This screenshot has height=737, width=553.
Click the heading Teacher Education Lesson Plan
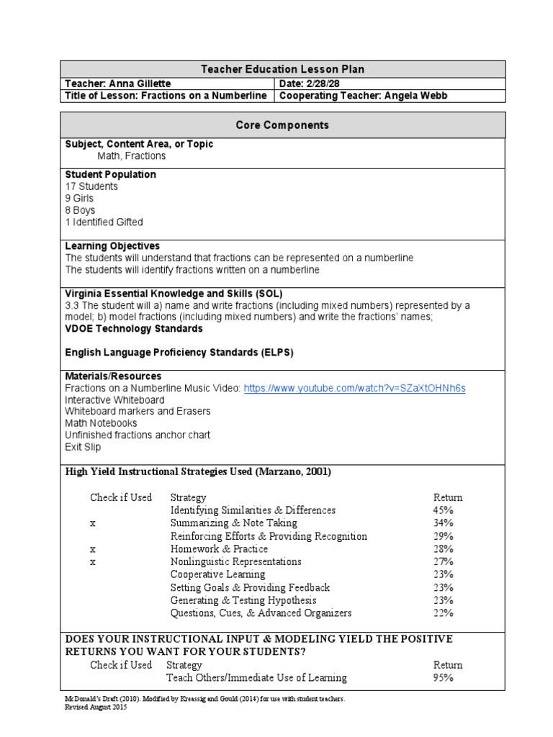(282, 69)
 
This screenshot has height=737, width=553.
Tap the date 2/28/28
(325, 83)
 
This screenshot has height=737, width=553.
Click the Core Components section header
(282, 125)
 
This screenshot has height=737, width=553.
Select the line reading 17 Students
(91, 186)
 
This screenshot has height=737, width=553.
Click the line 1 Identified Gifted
(104, 222)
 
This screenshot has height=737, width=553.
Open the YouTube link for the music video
(355, 388)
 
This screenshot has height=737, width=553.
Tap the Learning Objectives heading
(112, 246)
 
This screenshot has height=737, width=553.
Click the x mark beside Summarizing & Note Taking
(93, 523)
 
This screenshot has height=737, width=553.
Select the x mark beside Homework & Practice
(93, 549)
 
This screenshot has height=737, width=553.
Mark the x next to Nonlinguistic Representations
(93, 561)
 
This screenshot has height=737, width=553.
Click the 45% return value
(444, 510)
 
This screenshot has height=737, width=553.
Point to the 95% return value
(444, 677)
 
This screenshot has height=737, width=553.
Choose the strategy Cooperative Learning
(217, 574)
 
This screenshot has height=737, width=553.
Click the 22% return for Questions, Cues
(444, 613)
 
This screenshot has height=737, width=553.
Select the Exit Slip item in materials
(83, 447)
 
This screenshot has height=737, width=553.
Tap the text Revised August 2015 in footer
(95, 707)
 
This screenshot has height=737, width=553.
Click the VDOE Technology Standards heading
(134, 329)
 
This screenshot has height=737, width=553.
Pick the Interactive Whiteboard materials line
(114, 399)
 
